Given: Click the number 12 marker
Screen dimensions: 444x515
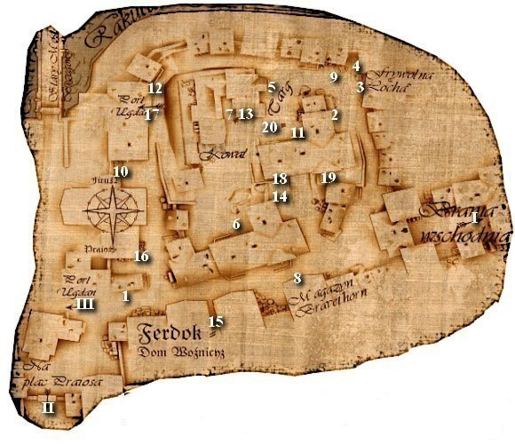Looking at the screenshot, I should (x=154, y=89).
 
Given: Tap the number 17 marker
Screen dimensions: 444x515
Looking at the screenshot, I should (x=152, y=115).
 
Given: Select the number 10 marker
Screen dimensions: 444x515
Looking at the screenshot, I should (x=121, y=171).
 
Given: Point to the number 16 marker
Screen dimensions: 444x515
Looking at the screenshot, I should (x=139, y=257).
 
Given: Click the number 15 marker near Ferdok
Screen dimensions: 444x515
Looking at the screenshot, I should (x=213, y=321).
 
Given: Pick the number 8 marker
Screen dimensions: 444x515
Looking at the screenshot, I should (x=298, y=279).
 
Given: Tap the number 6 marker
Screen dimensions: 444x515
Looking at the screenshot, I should (x=236, y=225).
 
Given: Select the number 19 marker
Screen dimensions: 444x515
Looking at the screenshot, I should (x=328, y=178).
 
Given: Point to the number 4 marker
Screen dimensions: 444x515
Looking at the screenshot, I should (x=356, y=67).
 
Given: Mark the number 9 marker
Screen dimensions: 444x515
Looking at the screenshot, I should (x=335, y=77).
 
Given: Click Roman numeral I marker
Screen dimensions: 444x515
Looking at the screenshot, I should (x=475, y=217).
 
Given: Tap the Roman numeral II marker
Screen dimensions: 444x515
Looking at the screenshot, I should (x=49, y=408).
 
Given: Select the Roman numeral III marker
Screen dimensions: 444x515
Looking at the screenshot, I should (x=86, y=304).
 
